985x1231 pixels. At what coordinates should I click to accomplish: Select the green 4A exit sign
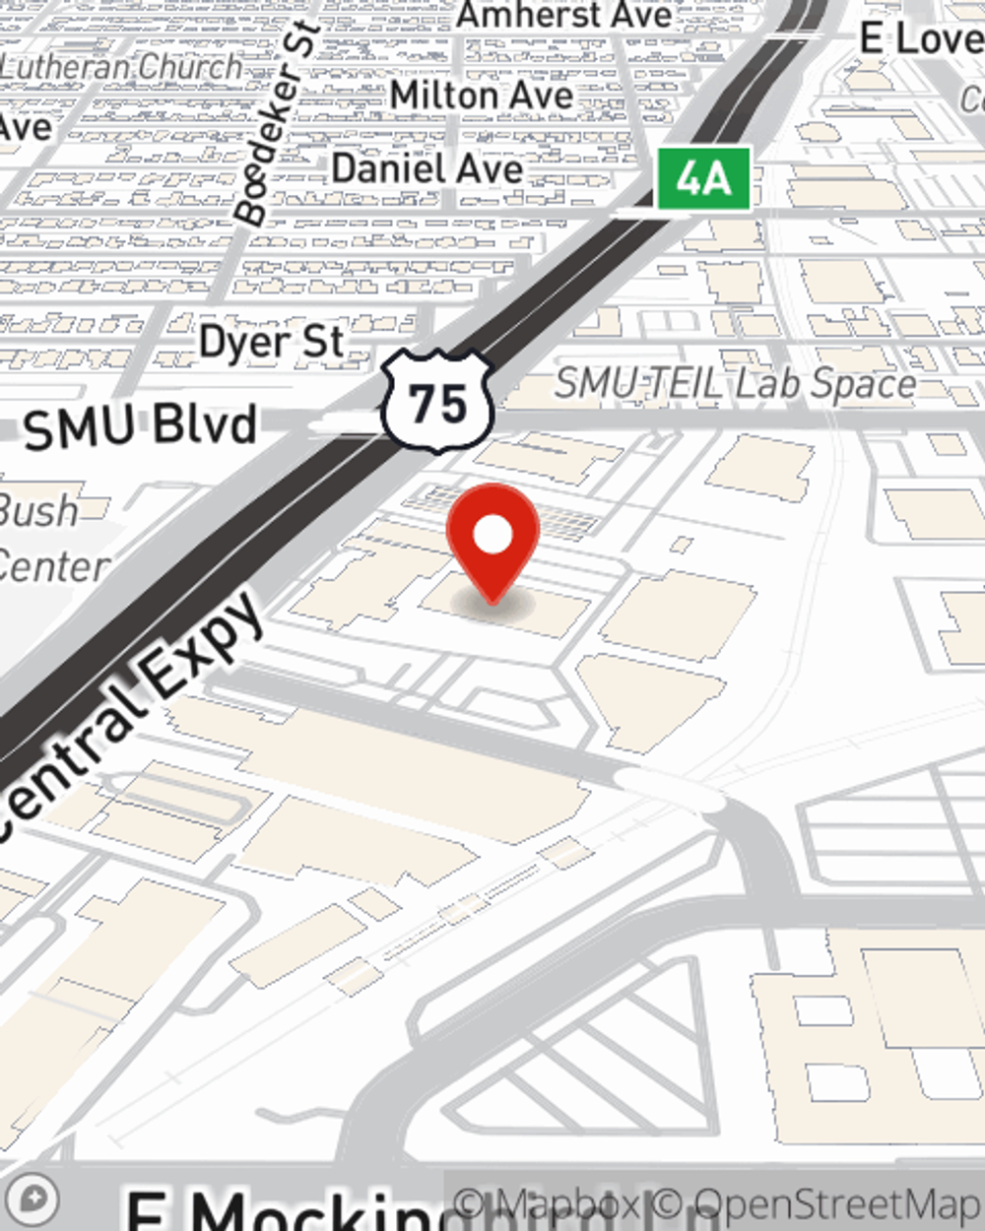pyautogui.click(x=704, y=179)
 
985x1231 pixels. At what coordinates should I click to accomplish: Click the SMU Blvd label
pyautogui.click(x=140, y=427)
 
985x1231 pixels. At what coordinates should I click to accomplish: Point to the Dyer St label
pyautogui.click(x=271, y=343)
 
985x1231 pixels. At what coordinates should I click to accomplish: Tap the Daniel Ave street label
pyautogui.click(x=427, y=168)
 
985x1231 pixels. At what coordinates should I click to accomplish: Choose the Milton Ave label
pyautogui.click(x=481, y=96)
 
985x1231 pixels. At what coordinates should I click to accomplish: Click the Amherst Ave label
pyautogui.click(x=564, y=15)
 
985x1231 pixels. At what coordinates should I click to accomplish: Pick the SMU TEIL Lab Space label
pyautogui.click(x=735, y=384)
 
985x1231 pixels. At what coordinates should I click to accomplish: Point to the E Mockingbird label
pyautogui.click(x=286, y=1210)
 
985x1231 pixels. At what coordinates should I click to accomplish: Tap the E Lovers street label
pyautogui.click(x=921, y=39)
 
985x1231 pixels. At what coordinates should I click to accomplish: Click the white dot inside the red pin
pyautogui.click(x=492, y=536)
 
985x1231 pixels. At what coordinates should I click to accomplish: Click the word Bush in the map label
pyautogui.click(x=37, y=510)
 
